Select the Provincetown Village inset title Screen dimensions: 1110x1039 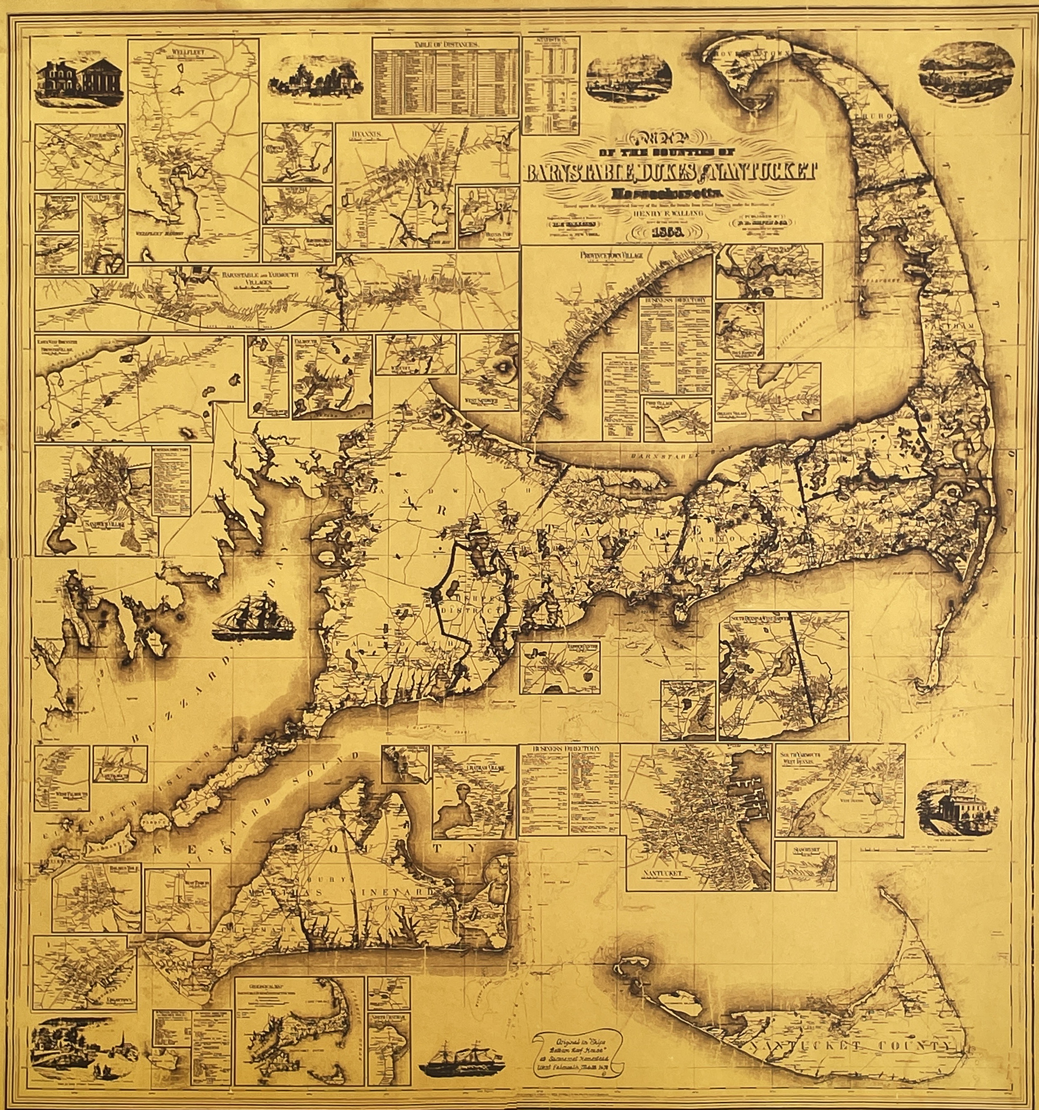pos(611,255)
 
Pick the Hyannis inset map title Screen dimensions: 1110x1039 pos(365,134)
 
